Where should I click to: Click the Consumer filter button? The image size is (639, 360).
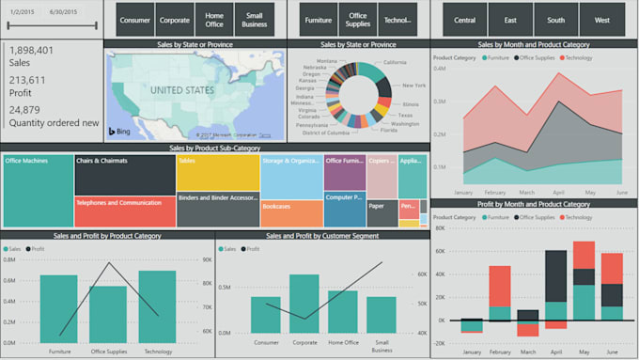135,19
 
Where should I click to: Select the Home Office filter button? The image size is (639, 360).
214,19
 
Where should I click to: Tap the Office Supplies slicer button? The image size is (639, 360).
357,19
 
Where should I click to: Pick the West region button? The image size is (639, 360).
601,19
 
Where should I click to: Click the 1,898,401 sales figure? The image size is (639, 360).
31,50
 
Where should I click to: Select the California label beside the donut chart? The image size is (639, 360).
395,62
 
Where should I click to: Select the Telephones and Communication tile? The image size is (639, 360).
125,211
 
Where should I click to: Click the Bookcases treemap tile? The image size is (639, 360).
291,213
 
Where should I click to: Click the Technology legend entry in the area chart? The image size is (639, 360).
578,57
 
